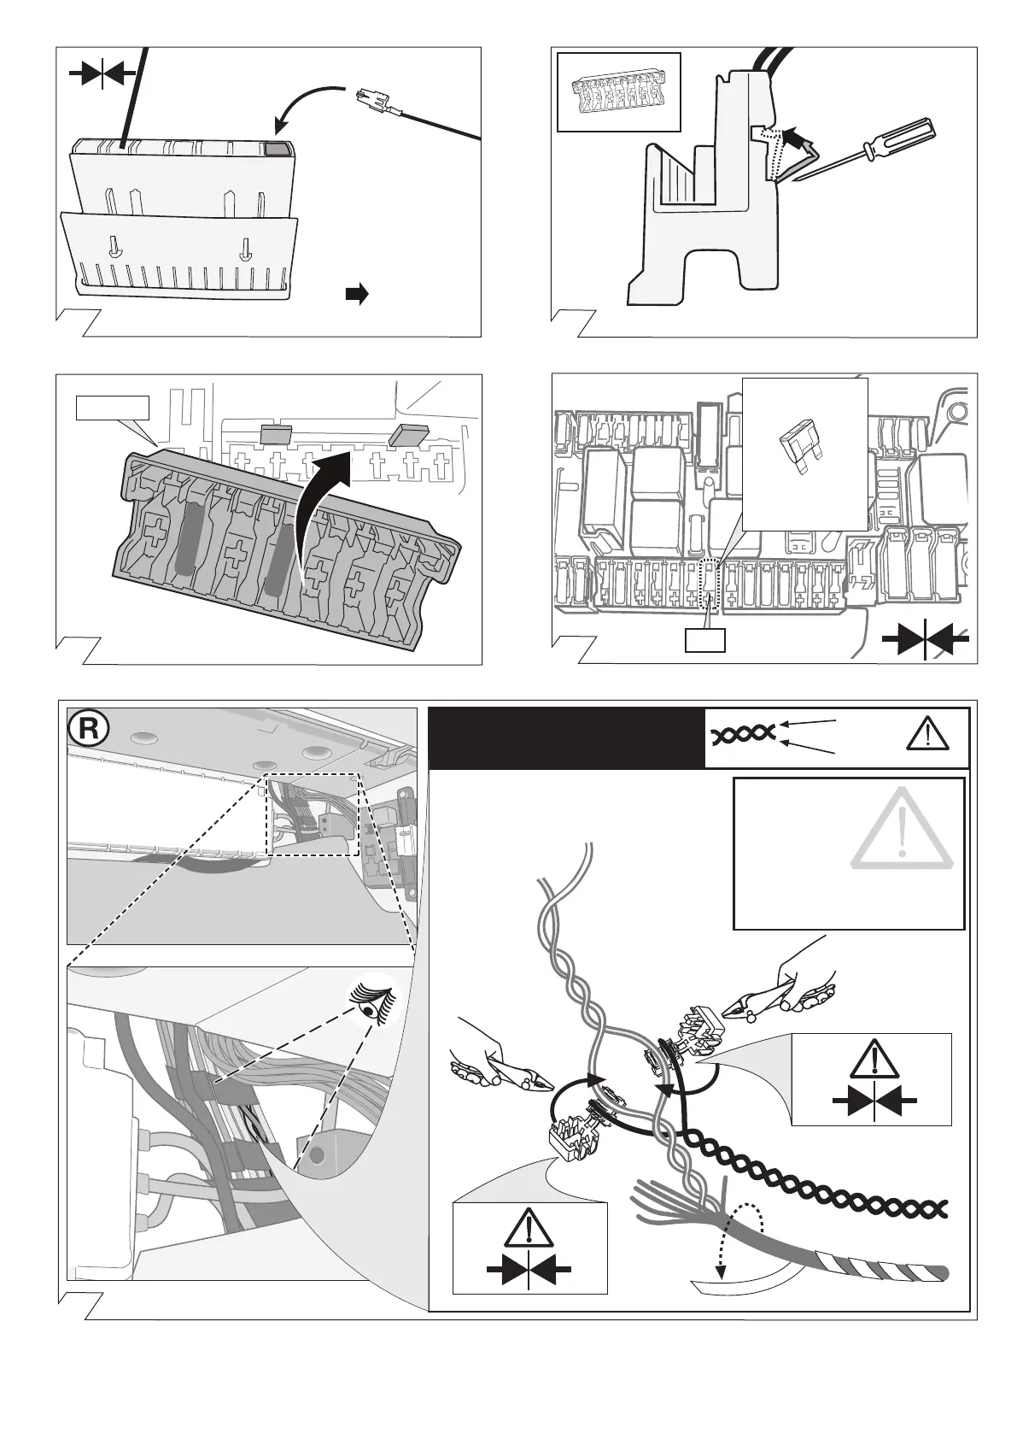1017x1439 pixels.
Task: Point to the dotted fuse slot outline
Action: click(x=710, y=585)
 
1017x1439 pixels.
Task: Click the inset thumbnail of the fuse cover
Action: click(x=618, y=92)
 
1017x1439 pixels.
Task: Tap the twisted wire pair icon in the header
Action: click(x=742, y=733)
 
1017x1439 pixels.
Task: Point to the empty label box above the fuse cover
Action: click(x=112, y=408)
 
